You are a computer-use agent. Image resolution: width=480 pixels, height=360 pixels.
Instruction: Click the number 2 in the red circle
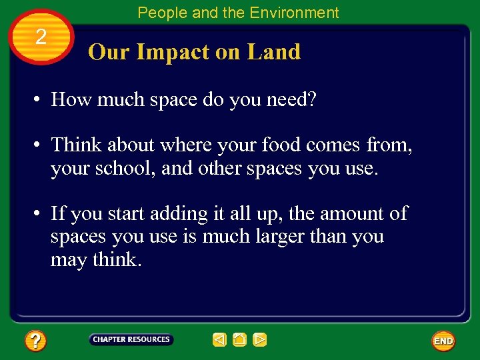pyautogui.click(x=41, y=37)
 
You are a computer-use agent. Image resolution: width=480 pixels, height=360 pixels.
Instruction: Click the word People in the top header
pyautogui.click(x=159, y=13)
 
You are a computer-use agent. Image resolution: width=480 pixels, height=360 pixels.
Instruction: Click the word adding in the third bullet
pyautogui.click(x=175, y=214)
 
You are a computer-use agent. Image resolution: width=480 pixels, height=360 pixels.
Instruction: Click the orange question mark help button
pyautogui.click(x=35, y=341)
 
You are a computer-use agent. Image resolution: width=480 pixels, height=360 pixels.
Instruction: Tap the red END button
pyautogui.click(x=443, y=341)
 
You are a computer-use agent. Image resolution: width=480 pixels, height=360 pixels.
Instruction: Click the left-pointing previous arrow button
pyautogui.click(x=219, y=340)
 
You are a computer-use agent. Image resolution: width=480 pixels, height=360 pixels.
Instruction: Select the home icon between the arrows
pyautogui.click(x=240, y=340)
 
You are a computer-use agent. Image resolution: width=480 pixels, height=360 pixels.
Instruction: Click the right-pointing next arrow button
pyautogui.click(x=260, y=340)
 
